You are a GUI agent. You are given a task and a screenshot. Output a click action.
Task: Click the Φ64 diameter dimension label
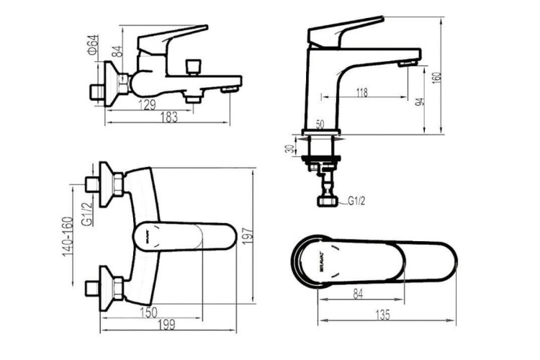coord(92,45)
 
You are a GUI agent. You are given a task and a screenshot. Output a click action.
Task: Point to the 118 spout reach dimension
coord(361,91)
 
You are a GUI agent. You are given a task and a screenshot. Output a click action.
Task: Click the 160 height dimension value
coord(436,76)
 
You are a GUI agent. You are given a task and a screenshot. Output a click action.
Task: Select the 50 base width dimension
coord(320,125)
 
